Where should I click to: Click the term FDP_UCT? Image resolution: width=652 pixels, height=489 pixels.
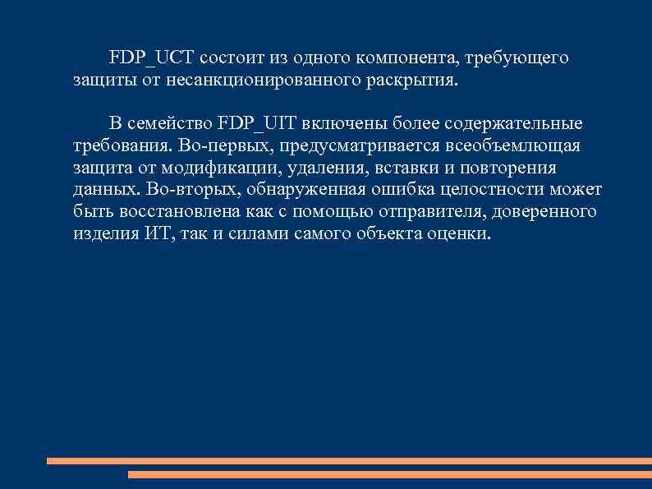coord(151,58)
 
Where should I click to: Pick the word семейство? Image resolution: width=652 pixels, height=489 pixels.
coord(172,124)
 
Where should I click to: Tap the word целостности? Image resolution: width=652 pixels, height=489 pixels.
coord(492,191)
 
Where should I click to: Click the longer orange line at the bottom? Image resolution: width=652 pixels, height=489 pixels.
coord(349,461)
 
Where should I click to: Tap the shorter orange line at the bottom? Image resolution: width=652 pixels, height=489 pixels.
coord(390,474)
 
